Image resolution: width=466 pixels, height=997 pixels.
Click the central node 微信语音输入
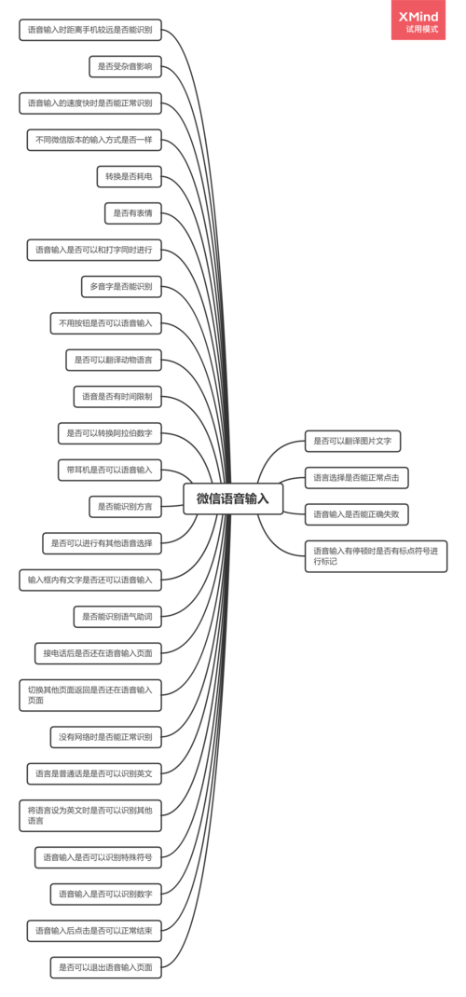point(233,499)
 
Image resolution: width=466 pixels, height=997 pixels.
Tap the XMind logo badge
point(418,20)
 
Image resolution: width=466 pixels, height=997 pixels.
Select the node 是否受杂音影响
point(125,66)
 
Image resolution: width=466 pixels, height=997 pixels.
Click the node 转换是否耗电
point(129,177)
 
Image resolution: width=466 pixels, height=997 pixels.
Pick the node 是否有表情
point(133,213)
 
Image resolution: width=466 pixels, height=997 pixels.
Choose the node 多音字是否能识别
point(121,287)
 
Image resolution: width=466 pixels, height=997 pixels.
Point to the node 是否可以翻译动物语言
point(114,361)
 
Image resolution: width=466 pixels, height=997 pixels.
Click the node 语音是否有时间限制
point(117,397)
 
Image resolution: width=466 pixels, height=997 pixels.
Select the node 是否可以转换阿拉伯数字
point(110,434)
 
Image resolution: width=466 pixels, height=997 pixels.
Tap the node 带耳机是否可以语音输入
point(110,471)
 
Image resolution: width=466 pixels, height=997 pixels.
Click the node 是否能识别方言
point(125,508)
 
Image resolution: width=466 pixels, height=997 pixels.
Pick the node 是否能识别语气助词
point(117,616)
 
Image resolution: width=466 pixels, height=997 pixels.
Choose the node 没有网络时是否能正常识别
point(106,738)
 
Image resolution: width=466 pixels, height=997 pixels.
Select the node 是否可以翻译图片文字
point(353,442)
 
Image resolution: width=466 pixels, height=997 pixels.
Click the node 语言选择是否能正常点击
point(357,478)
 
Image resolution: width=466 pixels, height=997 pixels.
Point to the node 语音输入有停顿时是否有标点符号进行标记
point(376,556)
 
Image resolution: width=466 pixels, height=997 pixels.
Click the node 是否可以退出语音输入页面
point(106,968)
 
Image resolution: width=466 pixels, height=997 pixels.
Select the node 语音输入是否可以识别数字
point(106,895)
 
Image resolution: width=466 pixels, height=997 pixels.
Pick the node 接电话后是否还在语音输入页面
point(98,653)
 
